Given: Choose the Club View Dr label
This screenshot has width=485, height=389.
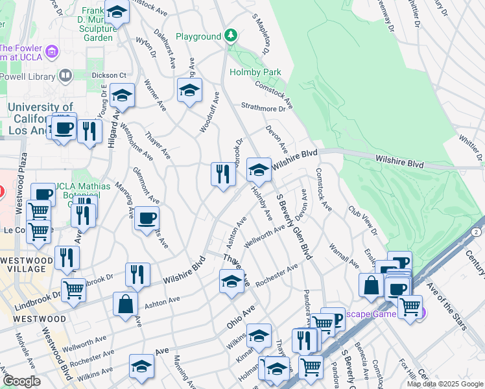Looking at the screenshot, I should (362, 220).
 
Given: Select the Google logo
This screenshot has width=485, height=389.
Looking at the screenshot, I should (22, 381).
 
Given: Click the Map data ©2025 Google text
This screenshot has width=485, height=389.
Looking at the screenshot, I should (444, 384).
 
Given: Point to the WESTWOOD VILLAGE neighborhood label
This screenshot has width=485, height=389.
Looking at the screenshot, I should (26, 266).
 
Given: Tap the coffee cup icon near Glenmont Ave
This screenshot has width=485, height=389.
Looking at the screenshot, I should (147, 218).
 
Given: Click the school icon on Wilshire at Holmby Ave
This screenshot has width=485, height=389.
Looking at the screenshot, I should (259, 171).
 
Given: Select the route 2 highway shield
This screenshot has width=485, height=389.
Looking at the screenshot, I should (477, 232).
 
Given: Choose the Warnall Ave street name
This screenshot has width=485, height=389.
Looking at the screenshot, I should (343, 255).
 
